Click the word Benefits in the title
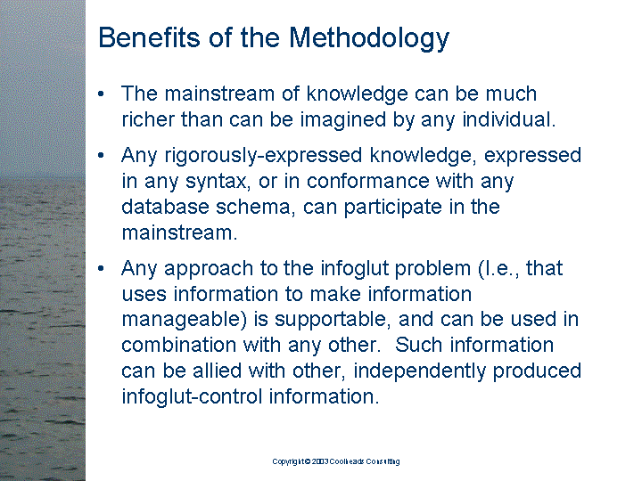click(150, 37)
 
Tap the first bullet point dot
click(101, 94)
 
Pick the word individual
click(508, 119)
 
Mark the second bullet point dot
click(101, 155)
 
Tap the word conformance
click(367, 181)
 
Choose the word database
click(165, 207)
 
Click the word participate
click(392, 208)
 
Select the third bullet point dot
click(101, 268)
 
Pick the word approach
click(209, 270)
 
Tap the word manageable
click(185, 321)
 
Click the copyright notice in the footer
click(336, 461)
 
